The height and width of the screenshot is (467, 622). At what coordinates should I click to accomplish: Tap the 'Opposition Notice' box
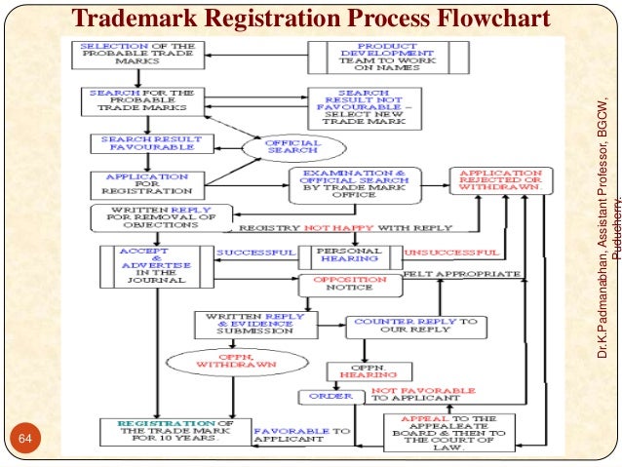(x=349, y=285)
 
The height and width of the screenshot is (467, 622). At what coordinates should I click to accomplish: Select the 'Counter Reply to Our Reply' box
(x=415, y=327)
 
